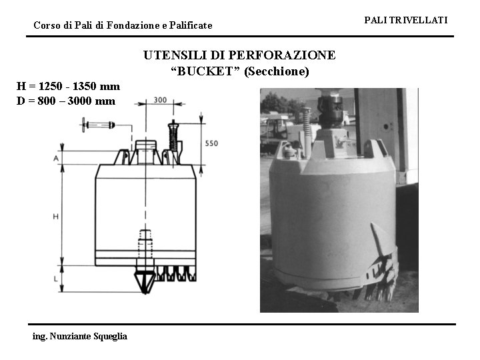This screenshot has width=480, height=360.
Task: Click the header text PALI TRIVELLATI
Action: pos(405,21)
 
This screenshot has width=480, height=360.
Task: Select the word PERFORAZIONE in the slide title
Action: pos(288,55)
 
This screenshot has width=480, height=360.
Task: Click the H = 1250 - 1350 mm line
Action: pos(69,86)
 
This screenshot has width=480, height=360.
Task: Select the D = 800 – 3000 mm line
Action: pos(66,101)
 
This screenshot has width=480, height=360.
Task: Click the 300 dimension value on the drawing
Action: pos(160,100)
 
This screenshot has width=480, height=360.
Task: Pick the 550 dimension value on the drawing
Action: pos(211,143)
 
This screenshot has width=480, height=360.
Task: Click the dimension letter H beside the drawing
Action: pos(55,217)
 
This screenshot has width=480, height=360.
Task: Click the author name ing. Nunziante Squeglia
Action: pos(80,336)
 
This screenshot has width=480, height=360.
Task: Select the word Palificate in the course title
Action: pos(188,25)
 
